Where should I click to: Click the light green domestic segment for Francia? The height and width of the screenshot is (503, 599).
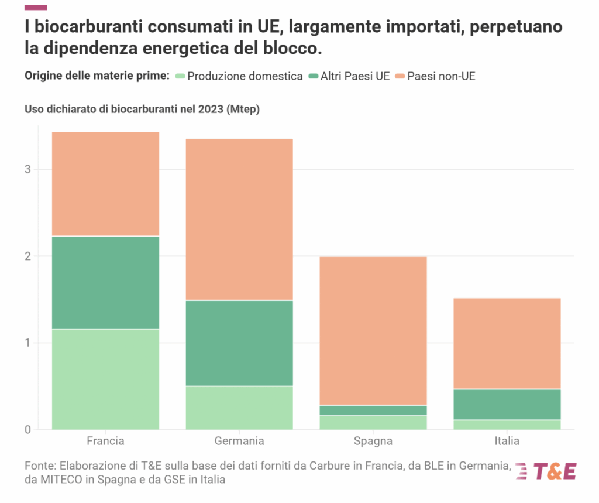point(105,379)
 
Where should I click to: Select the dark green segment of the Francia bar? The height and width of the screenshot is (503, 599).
point(105,282)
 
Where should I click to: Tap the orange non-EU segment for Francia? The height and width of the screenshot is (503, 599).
point(105,184)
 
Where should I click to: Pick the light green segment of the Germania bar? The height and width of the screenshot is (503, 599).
point(239,408)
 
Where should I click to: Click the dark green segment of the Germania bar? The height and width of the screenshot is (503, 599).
point(239,343)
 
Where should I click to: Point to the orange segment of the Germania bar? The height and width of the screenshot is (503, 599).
point(239,220)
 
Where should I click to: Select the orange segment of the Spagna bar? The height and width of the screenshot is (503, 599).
point(373,331)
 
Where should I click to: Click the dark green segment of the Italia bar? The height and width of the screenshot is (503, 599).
point(507,405)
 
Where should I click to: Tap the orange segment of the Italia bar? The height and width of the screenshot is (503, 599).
point(507,344)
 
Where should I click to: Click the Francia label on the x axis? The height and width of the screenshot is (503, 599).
point(105,441)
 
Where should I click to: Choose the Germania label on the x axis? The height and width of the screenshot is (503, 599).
point(239,441)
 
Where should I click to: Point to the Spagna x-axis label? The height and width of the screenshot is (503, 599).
point(373,441)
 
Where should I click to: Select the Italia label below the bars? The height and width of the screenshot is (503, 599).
point(507,441)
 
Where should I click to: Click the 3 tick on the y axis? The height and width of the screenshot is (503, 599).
point(28,170)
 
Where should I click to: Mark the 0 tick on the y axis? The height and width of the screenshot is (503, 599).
point(28,430)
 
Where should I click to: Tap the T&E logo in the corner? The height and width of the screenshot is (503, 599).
point(546,471)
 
